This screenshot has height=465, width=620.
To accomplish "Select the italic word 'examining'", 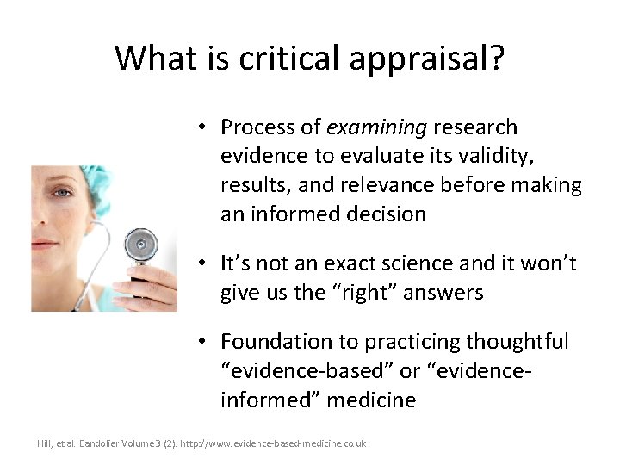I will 376,127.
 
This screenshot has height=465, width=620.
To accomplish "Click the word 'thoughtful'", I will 517,343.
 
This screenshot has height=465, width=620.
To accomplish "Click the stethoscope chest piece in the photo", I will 138,247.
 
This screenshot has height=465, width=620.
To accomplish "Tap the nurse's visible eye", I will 63,194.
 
